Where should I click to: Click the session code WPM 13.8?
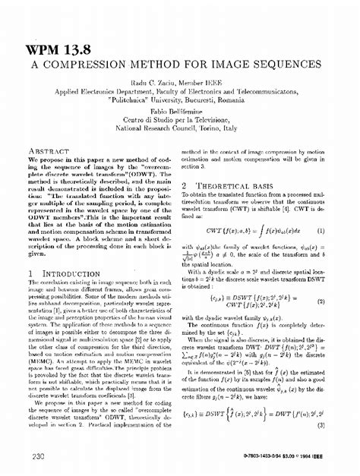(58, 51)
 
